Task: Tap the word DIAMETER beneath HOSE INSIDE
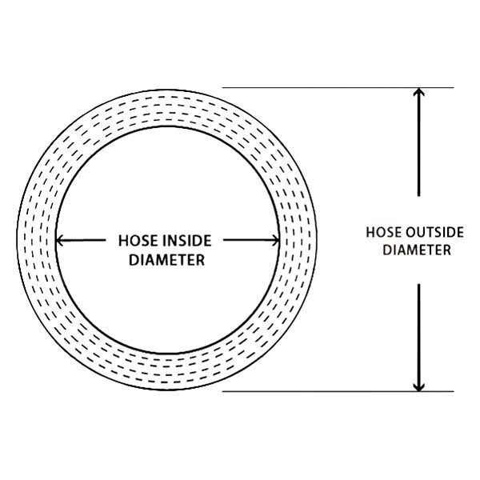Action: pos(167,259)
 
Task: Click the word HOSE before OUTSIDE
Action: pos(383,233)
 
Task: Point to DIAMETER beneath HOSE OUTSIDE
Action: pos(417,250)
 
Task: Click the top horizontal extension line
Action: pos(336,87)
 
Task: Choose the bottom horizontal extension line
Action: pos(336,392)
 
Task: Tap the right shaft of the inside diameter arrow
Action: pos(248,240)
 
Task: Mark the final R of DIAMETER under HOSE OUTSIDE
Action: pos(447,250)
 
